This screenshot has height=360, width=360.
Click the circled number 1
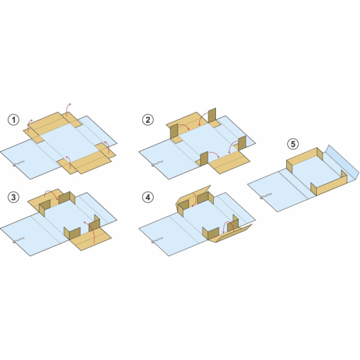[x=14, y=120]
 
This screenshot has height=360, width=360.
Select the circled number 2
[x=148, y=120]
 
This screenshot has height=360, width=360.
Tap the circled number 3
[x=14, y=197]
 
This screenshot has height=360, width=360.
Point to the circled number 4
[x=148, y=197]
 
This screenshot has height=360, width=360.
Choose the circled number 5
[x=293, y=144]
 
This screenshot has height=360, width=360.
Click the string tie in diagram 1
[x=19, y=163]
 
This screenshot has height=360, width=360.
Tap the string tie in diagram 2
[x=157, y=163]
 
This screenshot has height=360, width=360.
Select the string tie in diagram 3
[x=19, y=240]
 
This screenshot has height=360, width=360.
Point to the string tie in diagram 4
[x=157, y=240]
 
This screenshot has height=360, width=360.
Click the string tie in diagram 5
[x=265, y=196]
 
